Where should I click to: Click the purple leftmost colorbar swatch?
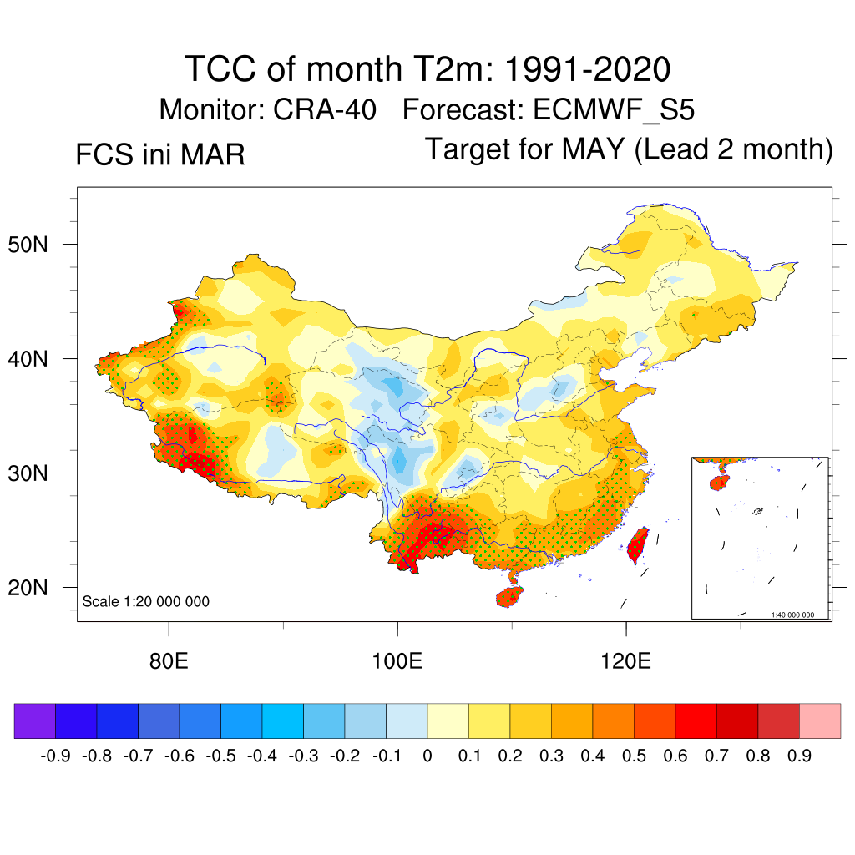click(x=35, y=721)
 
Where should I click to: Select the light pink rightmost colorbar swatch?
click(x=820, y=721)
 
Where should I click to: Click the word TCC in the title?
click(x=220, y=69)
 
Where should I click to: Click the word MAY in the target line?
click(x=593, y=149)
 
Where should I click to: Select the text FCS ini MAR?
click(x=160, y=155)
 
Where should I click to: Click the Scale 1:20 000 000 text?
click(x=146, y=602)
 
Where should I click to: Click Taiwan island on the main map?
click(x=638, y=544)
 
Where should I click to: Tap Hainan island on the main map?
click(x=510, y=596)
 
